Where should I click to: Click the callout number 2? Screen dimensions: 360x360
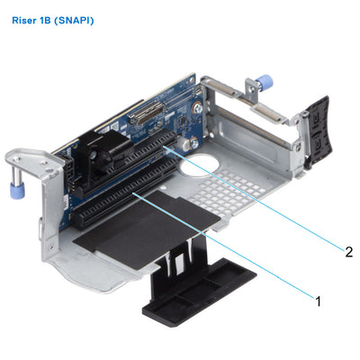coord(346,252)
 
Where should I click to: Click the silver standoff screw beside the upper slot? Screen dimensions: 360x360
coord(191,141)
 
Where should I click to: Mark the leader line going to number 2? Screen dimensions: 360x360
coord(261,202)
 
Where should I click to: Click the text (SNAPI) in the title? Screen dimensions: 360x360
coord(73,19)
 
